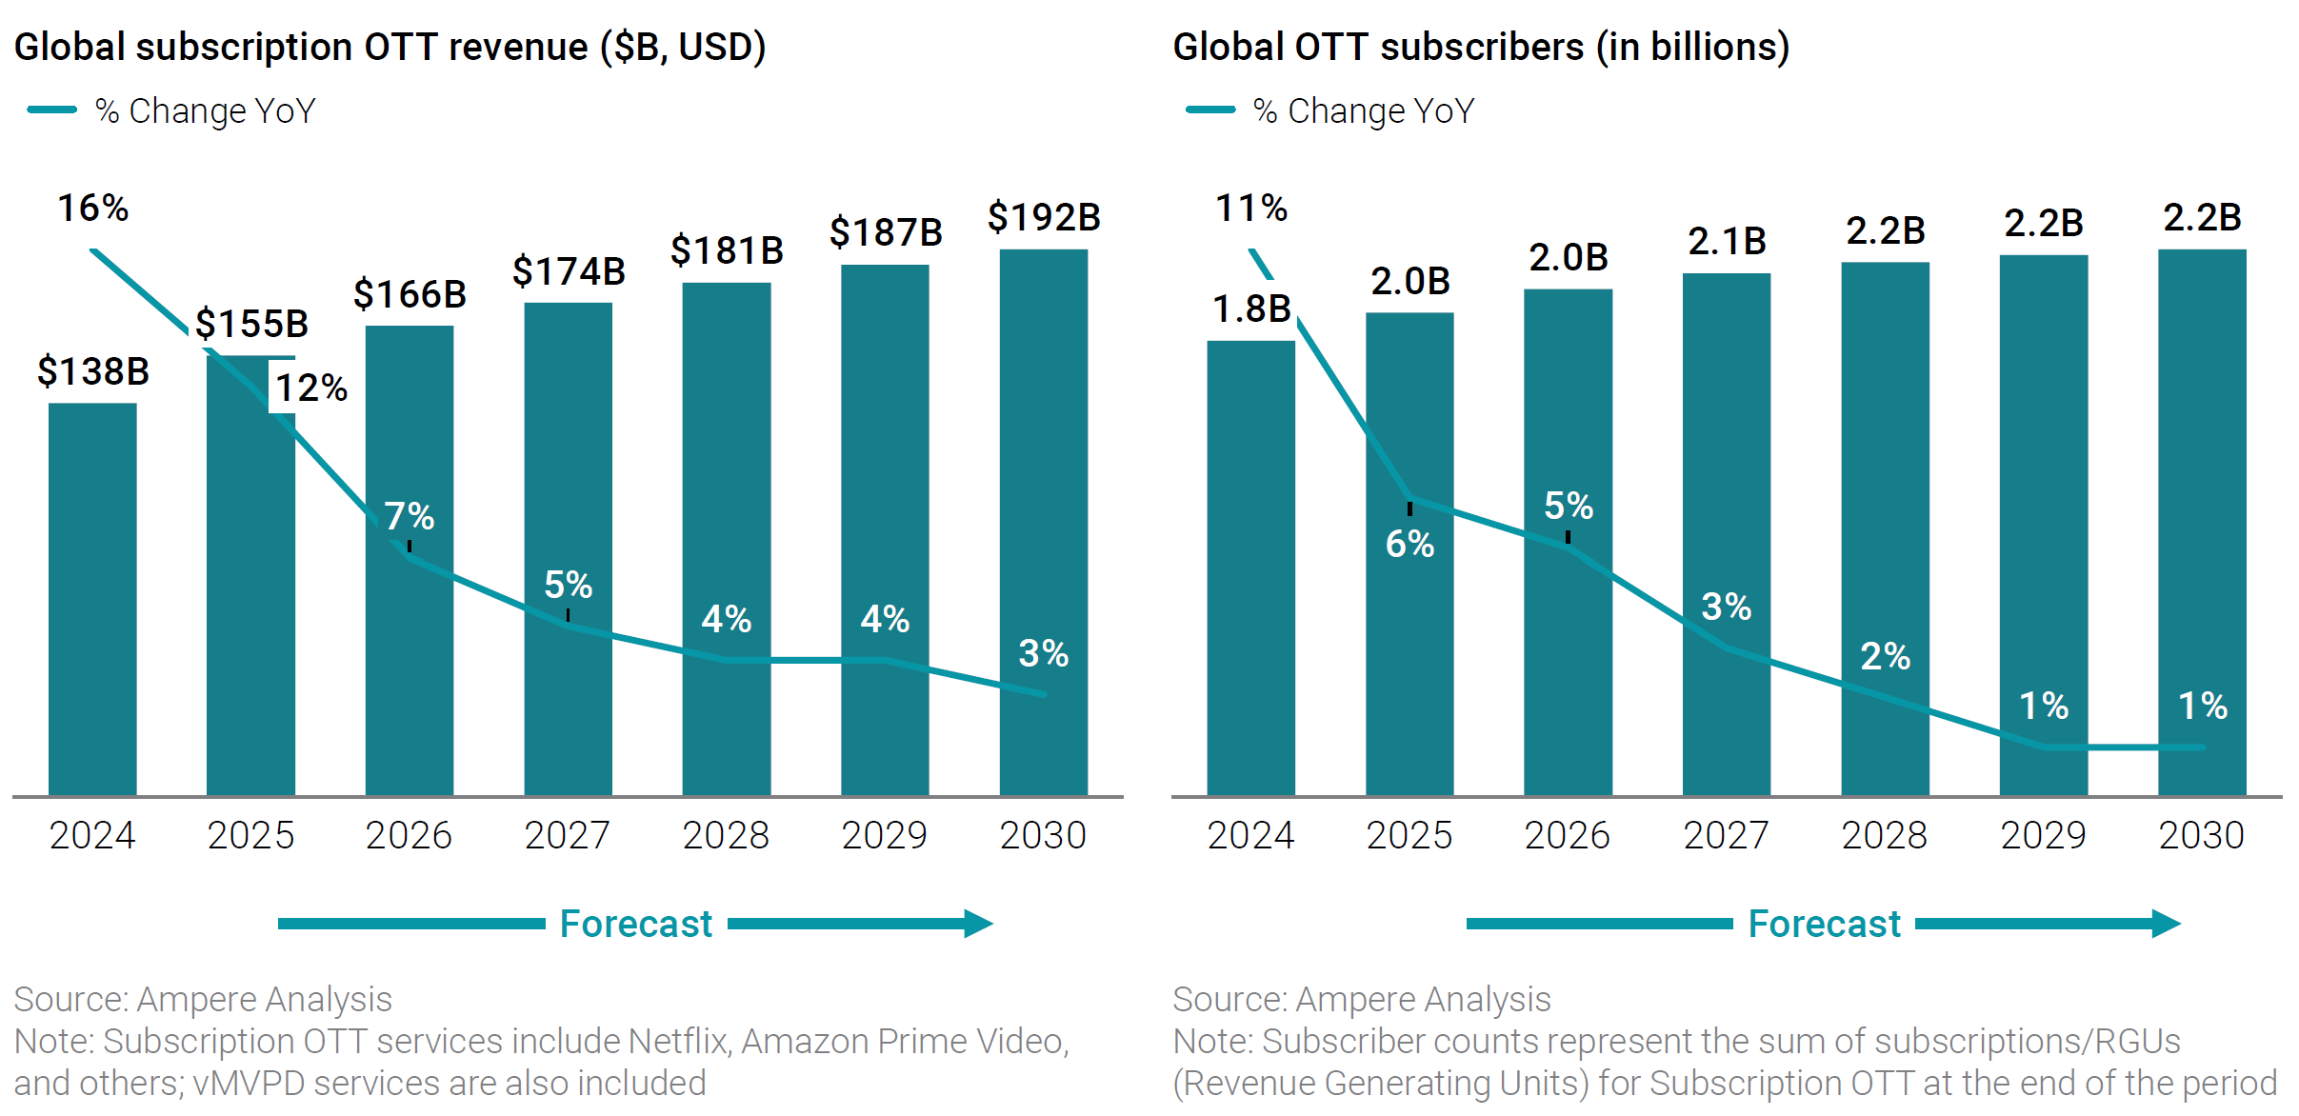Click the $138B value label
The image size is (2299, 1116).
point(93,371)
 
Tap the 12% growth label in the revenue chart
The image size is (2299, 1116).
point(311,389)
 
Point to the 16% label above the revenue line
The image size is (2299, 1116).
point(93,209)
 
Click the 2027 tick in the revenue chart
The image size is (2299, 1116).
point(568,836)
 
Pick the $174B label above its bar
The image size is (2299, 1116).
point(569,272)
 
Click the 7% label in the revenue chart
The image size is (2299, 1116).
point(410,517)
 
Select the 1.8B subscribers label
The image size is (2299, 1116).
point(1251,309)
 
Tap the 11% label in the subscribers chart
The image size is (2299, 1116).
point(1251,209)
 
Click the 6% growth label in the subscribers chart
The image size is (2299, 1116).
point(1409,545)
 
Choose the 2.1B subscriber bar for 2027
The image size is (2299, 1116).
point(1726,533)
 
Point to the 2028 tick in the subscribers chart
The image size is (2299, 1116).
point(1884,836)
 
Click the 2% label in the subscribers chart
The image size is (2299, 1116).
point(1885,657)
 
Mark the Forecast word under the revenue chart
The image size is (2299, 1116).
point(636,924)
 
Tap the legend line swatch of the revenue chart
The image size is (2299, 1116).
point(52,110)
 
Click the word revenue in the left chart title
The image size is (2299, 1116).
point(519,48)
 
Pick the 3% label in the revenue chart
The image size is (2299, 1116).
point(1043,654)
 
